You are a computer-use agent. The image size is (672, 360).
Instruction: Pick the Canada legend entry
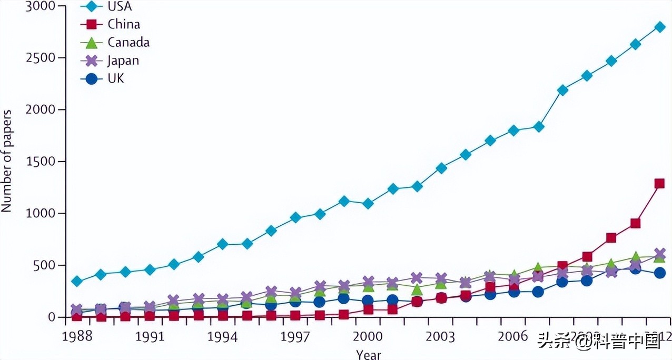(x=118, y=42)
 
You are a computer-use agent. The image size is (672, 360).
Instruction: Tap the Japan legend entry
(x=113, y=60)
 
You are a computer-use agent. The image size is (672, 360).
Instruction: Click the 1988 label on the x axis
(x=77, y=336)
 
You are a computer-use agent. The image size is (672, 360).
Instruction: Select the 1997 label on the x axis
(x=295, y=336)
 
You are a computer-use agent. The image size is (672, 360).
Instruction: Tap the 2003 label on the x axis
(x=441, y=336)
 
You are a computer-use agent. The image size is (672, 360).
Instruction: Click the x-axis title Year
(x=368, y=354)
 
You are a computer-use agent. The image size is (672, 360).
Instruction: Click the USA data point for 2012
(x=659, y=27)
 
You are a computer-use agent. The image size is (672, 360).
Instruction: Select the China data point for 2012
(x=659, y=183)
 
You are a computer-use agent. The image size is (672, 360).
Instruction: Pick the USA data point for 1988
(x=77, y=282)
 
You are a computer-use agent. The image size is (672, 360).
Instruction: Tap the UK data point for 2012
(x=659, y=273)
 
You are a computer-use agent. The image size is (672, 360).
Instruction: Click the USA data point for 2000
(x=368, y=204)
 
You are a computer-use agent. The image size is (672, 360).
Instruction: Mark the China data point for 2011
(x=635, y=223)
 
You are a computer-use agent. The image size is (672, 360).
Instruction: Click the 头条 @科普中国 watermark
(x=599, y=343)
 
